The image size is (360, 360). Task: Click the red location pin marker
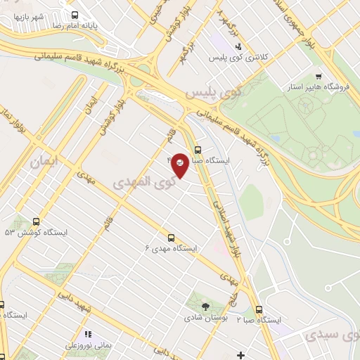click(180, 165)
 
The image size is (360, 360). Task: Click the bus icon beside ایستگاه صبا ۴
click(198, 150)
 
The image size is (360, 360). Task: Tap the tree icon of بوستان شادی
click(205, 307)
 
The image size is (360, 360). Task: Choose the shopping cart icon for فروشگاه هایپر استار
click(319, 76)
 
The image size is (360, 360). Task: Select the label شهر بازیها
click(28, 15)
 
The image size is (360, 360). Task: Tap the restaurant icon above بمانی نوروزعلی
click(88, 335)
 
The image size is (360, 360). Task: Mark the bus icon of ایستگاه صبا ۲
click(259, 309)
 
